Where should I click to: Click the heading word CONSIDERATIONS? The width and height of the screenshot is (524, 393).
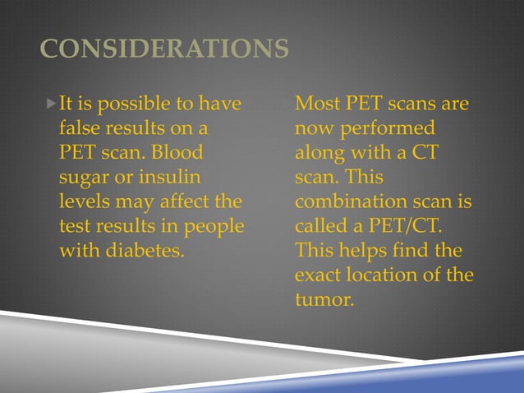pos(164,49)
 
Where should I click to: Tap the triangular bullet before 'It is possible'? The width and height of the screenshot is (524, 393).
pos(51,104)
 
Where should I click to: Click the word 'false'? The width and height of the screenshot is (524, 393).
pos(80,129)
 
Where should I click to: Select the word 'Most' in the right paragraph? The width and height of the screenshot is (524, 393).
pos(316,104)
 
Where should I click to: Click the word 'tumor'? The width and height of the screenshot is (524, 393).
pos(322,300)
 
